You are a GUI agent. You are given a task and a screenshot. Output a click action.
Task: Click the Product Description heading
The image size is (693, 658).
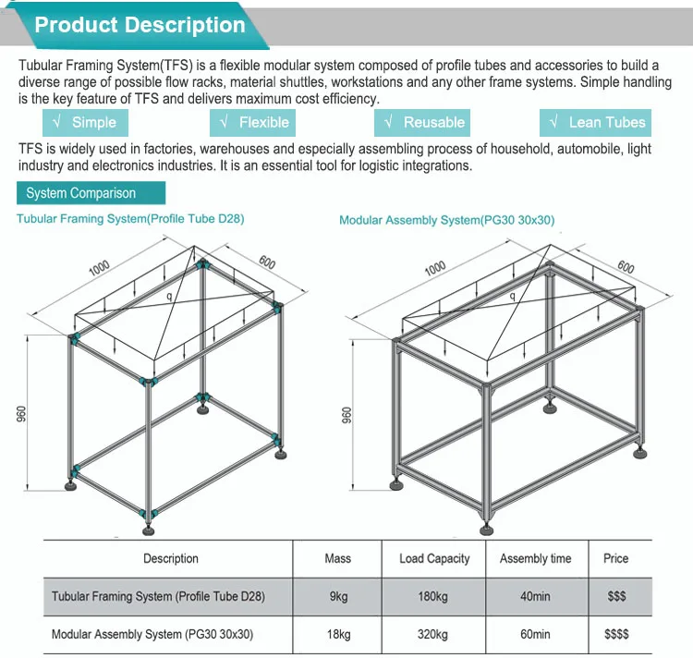[x=140, y=25]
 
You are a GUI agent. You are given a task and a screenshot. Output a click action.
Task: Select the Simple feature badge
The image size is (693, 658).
[x=85, y=122]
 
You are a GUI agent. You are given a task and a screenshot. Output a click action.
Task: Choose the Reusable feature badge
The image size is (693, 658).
[x=423, y=122]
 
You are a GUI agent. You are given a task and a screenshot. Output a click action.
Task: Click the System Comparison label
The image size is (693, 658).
[x=81, y=193]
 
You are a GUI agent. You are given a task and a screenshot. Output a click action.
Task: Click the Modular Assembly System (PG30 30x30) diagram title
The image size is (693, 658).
[x=446, y=220]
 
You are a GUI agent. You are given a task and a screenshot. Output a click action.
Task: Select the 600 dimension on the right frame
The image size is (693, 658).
[x=626, y=267]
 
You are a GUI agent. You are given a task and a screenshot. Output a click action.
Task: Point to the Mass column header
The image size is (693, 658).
[x=337, y=558]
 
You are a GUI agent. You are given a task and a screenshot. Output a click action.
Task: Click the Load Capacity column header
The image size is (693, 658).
[x=434, y=558]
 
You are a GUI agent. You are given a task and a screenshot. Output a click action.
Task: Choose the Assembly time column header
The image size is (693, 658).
[x=535, y=558]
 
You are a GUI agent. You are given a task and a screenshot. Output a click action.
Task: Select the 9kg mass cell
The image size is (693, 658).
[x=338, y=597]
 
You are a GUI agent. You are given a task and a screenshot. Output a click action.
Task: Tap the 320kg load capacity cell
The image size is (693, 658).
[x=433, y=634]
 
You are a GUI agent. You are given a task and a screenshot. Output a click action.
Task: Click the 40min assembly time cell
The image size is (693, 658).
[x=535, y=597]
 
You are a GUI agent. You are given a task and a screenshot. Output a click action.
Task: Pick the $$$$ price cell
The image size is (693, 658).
[x=616, y=634]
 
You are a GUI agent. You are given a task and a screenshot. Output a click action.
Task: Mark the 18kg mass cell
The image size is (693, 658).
[x=338, y=634]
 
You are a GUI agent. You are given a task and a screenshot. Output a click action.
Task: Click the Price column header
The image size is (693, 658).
[x=616, y=558]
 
